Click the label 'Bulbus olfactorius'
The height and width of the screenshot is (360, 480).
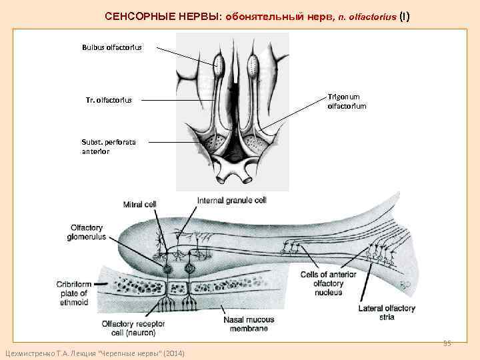(111, 47)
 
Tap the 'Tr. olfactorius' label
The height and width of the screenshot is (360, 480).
(109, 101)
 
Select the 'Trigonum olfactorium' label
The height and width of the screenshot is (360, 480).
(346, 101)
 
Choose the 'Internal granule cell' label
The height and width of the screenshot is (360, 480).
(231, 201)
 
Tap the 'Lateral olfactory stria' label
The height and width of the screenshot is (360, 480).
(386, 313)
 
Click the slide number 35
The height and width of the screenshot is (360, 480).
(447, 343)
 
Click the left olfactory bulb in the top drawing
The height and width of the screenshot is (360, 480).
(219, 65)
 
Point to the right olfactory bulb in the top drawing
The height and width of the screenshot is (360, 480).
(253, 65)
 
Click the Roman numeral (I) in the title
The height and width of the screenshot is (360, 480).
(404, 16)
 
